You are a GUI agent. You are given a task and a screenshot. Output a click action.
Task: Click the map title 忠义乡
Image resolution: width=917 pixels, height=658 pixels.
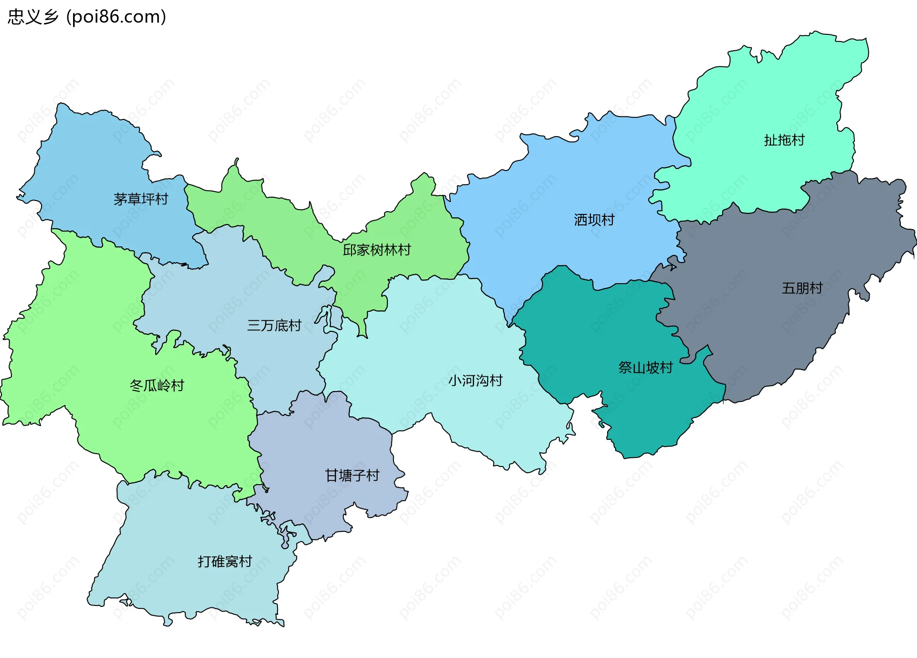tap(33, 17)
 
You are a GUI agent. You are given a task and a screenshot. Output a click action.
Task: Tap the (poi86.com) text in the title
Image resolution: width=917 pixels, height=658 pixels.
tap(116, 17)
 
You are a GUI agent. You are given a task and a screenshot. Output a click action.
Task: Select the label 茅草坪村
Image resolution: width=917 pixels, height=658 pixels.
tap(141, 199)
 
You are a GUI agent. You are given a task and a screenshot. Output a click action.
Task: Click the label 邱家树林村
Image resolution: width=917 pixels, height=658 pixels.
tap(377, 250)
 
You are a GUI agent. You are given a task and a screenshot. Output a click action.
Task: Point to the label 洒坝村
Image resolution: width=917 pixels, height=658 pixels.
tap(594, 220)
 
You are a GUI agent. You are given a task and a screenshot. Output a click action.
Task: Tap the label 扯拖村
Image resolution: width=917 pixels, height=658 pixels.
tap(784, 140)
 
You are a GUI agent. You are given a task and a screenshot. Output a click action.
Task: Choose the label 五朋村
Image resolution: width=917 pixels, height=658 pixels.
tap(802, 288)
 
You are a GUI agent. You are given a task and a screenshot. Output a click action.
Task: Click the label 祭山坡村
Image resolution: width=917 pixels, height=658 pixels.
tap(645, 367)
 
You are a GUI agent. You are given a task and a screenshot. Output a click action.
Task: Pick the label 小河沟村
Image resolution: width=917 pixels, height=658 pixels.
tap(475, 380)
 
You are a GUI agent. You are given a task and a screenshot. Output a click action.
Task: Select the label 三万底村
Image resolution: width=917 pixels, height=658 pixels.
tap(274, 325)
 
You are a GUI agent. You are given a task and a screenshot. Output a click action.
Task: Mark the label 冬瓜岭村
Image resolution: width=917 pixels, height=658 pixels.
tap(157, 385)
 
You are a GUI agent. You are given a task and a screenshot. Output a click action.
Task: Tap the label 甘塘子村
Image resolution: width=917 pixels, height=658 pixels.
tap(352, 475)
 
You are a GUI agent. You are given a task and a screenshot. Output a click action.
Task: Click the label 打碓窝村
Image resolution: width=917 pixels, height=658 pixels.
tap(224, 561)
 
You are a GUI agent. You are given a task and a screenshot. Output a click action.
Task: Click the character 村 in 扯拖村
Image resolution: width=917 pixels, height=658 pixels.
tap(798, 140)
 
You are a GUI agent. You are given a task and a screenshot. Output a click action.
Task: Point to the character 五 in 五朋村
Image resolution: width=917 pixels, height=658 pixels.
tap(789, 288)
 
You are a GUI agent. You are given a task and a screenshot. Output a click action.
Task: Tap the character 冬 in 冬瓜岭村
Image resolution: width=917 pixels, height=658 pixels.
tap(136, 385)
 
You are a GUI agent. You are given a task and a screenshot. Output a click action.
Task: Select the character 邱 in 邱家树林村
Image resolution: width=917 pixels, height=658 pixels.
tap(350, 250)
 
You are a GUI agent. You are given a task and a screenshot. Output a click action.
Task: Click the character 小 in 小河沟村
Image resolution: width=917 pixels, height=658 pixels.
tap(455, 380)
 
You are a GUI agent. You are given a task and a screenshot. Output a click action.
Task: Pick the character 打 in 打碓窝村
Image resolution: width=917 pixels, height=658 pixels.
tap(204, 561)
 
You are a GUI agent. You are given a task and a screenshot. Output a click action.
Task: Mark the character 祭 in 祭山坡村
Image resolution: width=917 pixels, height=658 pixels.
tap(625, 367)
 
